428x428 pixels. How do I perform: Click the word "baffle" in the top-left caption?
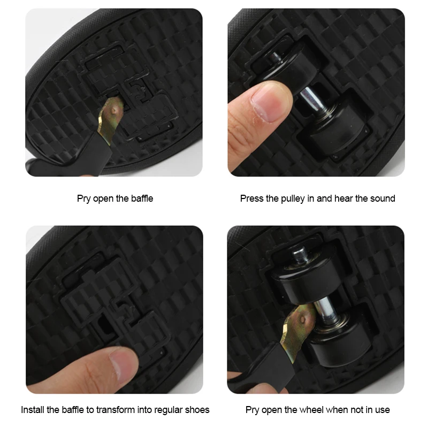click(142, 198)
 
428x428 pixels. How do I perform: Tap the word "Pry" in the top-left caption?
click(83, 198)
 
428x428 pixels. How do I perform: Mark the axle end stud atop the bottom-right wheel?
click(300, 255)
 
